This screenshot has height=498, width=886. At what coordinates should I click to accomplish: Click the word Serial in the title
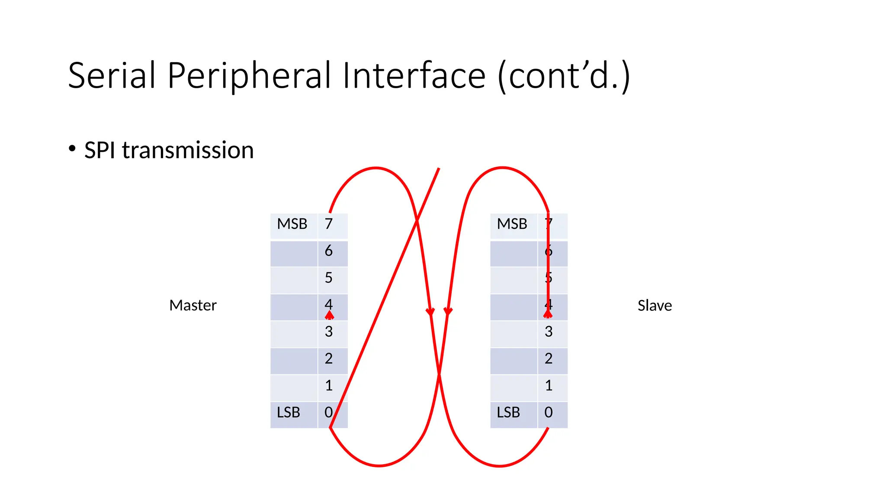(x=111, y=76)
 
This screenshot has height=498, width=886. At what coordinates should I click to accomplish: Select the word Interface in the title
(x=414, y=76)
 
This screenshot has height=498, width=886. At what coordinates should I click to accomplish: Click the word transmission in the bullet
(x=188, y=150)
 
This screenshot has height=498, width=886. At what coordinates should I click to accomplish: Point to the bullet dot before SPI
(x=72, y=148)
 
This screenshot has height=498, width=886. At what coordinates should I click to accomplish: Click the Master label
(x=193, y=305)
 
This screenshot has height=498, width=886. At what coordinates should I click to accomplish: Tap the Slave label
(x=655, y=306)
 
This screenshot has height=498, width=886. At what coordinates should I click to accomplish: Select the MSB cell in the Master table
(x=292, y=224)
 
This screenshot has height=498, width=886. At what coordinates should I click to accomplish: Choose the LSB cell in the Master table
(x=289, y=412)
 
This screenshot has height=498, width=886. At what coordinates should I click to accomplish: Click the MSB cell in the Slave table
(x=512, y=224)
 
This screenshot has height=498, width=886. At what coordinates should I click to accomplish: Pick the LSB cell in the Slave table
(x=508, y=412)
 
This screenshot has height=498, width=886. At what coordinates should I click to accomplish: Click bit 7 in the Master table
(x=329, y=224)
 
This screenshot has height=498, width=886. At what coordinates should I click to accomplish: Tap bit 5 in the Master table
(x=329, y=278)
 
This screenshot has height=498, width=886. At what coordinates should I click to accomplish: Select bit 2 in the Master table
(x=329, y=359)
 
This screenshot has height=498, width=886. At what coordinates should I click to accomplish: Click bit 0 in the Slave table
(x=549, y=412)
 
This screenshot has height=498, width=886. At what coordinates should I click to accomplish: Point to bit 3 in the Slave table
(x=549, y=332)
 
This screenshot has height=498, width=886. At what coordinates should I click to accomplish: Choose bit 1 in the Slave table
(x=549, y=386)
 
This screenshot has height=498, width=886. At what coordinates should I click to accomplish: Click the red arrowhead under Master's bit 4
(x=330, y=315)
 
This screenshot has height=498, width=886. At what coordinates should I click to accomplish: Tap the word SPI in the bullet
(x=100, y=150)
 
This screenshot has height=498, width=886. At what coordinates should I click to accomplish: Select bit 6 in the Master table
(x=329, y=251)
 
